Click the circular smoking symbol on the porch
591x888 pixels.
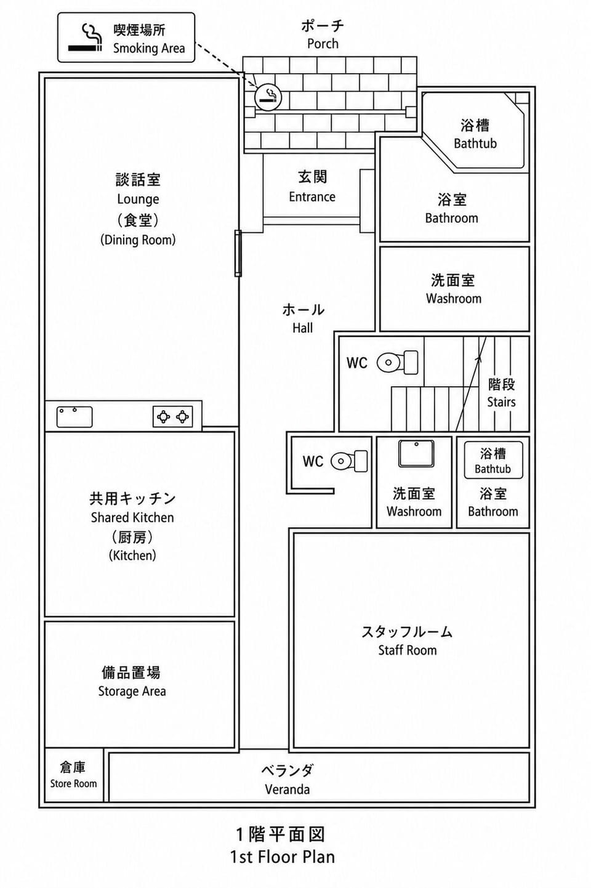point(268,97)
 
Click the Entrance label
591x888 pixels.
point(312,196)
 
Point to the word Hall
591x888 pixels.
point(303,328)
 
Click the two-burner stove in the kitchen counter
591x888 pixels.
point(173,417)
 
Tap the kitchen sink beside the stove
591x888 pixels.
point(74,417)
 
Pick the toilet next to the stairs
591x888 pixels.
point(397,362)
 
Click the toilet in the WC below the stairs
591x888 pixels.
point(349,461)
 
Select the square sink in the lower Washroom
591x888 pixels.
point(416,453)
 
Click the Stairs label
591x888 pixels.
point(501,402)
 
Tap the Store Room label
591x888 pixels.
point(73,783)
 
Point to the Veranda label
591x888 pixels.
point(287,789)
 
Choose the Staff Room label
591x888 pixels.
point(408,650)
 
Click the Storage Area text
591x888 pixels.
point(132,691)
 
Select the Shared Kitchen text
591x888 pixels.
point(132,517)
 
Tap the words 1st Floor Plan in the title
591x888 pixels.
point(283,857)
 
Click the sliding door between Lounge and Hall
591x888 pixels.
point(238,253)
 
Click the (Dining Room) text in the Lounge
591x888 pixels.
point(138,240)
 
